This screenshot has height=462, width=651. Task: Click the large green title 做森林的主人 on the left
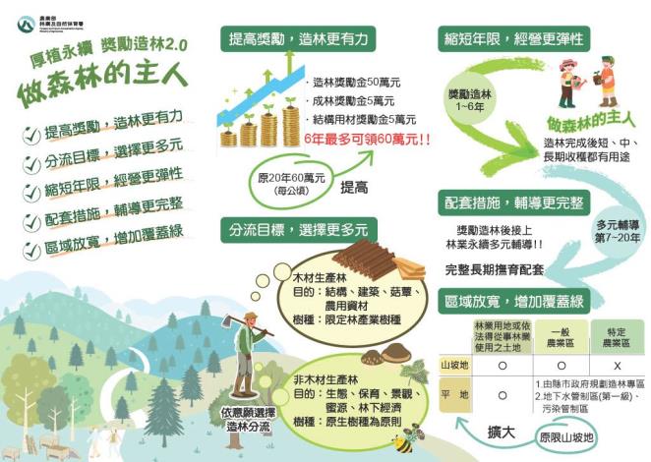coord(98,89)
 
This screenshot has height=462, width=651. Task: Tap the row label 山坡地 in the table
coord(453,364)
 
